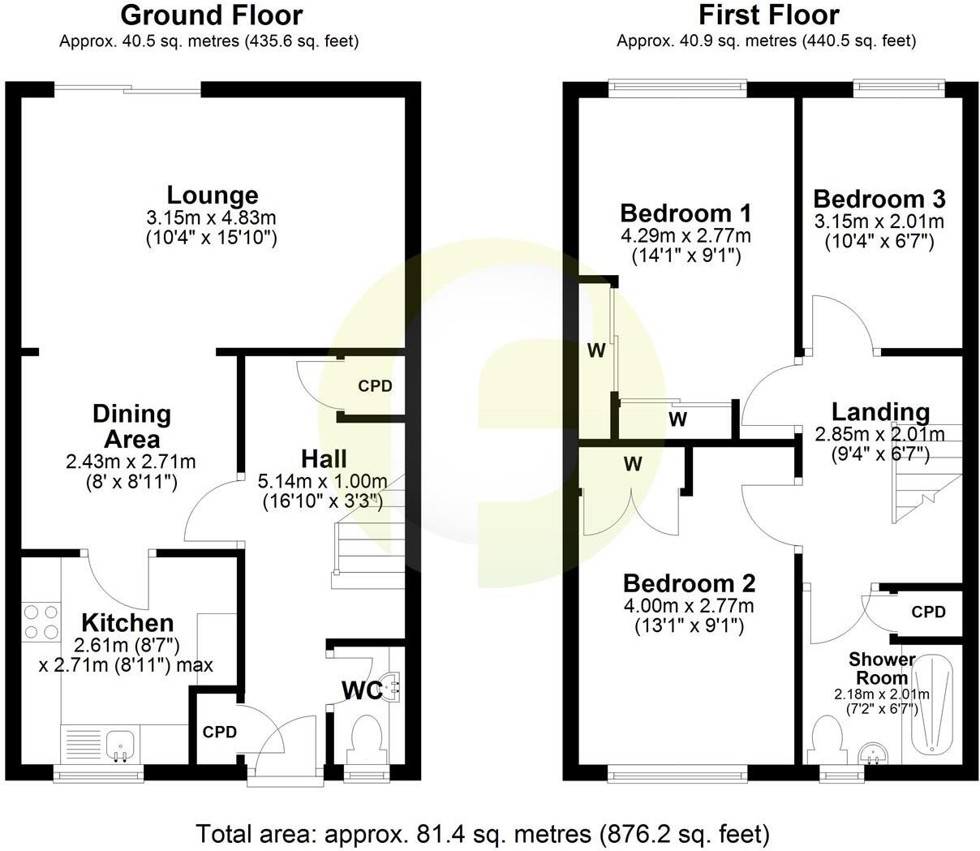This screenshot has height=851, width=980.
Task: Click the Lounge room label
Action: (x=213, y=195)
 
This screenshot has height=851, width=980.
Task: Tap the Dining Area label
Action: (x=131, y=426)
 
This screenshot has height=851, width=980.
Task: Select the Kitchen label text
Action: (x=128, y=623)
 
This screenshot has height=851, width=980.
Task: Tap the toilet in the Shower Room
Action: (x=827, y=737)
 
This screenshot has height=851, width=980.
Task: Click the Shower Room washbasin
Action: (x=875, y=753)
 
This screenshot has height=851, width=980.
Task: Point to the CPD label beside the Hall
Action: (x=375, y=386)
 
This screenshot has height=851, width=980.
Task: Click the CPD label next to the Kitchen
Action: (x=220, y=733)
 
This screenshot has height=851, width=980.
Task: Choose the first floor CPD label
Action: (x=928, y=612)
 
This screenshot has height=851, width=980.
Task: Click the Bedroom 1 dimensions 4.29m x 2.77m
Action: (x=686, y=237)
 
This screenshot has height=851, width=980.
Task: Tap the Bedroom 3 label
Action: (x=879, y=200)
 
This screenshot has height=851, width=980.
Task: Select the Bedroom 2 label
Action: (x=689, y=583)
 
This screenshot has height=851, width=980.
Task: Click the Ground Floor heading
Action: (x=211, y=15)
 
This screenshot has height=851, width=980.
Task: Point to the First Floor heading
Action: (x=768, y=15)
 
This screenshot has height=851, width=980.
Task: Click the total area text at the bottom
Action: (x=482, y=833)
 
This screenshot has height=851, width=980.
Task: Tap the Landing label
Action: (x=880, y=413)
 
